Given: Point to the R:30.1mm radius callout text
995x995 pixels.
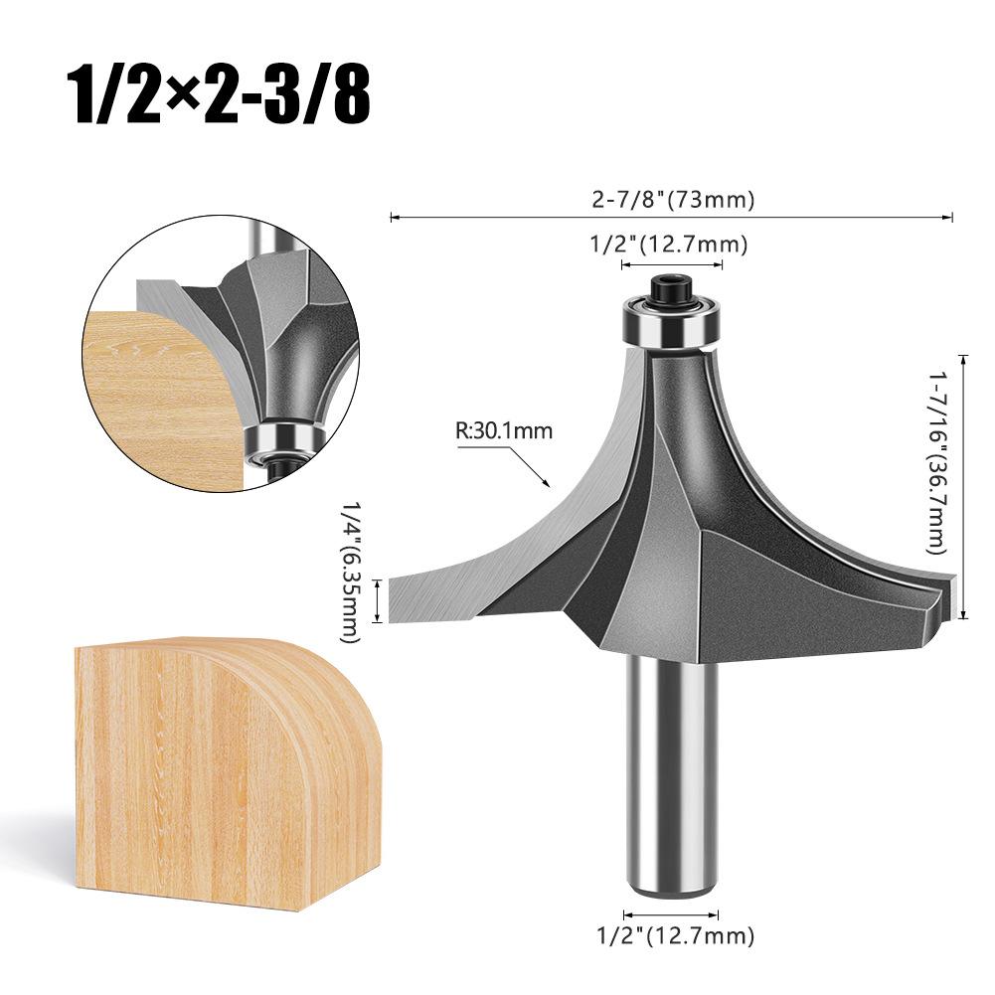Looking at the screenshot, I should pos(503,431).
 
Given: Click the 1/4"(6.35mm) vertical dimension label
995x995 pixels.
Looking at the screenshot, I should pos(351,572).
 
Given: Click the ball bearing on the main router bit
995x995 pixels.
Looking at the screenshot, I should pos(671,323).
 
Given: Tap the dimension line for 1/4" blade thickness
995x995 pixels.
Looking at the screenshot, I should pos(377,602).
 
